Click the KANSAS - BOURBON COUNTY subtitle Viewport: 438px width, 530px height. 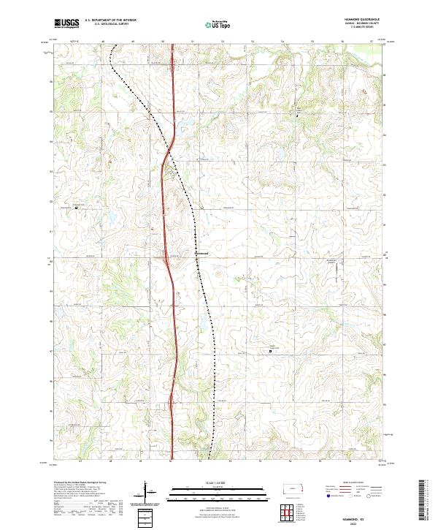coord(366,23)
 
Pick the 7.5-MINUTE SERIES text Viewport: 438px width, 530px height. coord(366,27)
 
